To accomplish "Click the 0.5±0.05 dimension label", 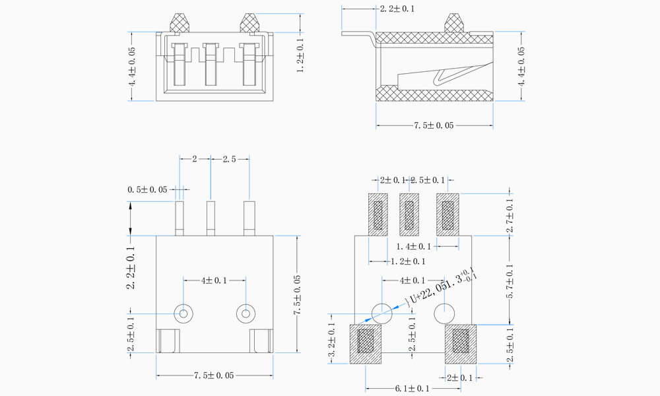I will (x=147, y=190).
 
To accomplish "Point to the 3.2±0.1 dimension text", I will (x=331, y=343).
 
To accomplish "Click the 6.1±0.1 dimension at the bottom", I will (x=411, y=389).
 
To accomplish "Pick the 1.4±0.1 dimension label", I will (x=413, y=246).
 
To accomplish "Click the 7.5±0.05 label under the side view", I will (x=434, y=125).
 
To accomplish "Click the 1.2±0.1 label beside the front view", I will (x=301, y=55).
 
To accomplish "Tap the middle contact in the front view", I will (x=211, y=64).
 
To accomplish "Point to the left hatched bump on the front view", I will (x=180, y=23).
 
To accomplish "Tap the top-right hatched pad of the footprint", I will (x=448, y=214).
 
